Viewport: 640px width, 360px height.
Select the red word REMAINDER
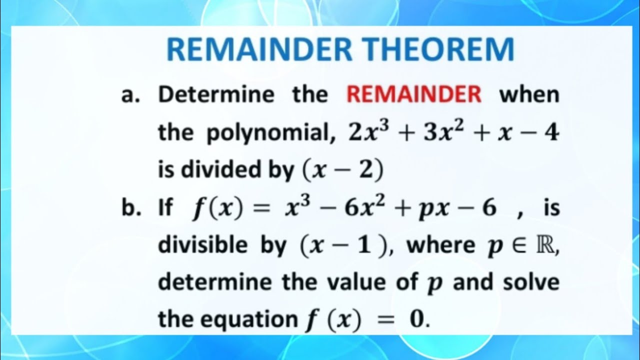coord(414,94)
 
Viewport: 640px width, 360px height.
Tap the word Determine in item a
coord(216,94)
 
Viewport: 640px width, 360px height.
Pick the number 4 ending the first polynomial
coord(551,133)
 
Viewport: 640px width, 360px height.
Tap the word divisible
coord(203,245)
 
